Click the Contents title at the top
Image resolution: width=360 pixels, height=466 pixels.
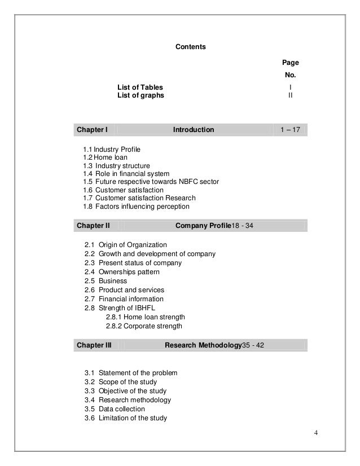coord(191,46)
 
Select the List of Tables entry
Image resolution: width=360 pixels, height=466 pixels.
coord(140,87)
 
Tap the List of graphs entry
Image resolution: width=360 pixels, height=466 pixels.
coord(141,96)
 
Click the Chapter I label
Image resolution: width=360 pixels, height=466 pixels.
coord(92,130)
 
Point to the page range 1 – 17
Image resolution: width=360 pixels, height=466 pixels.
coord(290,130)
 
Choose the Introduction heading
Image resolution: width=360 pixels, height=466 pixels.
coord(194,130)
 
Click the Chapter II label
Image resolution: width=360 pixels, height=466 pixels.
coord(93,226)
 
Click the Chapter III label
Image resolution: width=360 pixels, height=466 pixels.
coord(94,345)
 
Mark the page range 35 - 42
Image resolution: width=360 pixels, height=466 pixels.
coord(253,345)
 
